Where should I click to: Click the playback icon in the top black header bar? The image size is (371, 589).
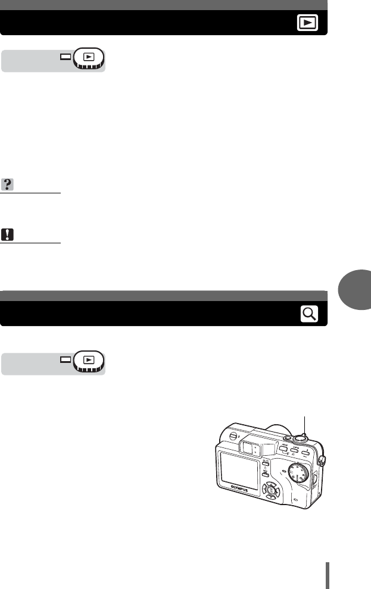307,23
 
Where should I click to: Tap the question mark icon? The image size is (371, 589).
8,185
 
